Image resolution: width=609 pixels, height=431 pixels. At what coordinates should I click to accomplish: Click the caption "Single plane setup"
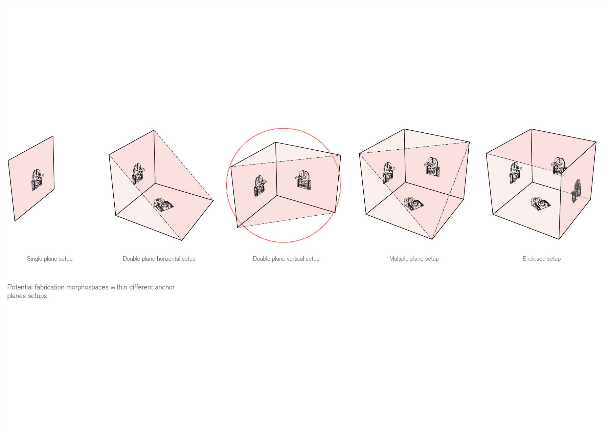point(50,259)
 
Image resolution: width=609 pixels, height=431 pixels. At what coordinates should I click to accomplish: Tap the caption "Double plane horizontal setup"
point(159,259)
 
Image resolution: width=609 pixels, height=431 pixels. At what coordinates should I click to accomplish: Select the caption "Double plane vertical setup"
point(286,259)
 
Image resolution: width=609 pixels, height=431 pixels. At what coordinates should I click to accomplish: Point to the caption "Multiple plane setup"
point(414,259)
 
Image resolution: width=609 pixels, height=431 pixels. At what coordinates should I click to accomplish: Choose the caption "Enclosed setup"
point(541,259)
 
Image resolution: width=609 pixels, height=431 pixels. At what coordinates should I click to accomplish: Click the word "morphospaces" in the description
point(87,287)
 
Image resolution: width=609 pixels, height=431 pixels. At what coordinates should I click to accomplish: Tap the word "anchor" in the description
point(164,287)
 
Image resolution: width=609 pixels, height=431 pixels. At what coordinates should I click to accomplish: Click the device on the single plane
point(38,180)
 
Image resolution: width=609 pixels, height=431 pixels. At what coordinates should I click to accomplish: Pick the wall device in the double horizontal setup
point(138,174)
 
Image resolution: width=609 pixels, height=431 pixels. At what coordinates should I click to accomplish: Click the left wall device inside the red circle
point(260,186)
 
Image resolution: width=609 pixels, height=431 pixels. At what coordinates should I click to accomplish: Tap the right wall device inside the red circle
point(304,180)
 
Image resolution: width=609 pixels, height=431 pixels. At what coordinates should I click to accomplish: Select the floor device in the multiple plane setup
point(413,203)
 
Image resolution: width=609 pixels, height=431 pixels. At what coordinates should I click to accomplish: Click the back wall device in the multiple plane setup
point(432,167)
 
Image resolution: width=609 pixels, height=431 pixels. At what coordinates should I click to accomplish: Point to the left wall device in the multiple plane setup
point(388,173)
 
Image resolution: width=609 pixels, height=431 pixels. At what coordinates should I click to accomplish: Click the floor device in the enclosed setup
point(540,203)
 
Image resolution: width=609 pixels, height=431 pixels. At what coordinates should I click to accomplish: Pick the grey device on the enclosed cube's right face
point(576,191)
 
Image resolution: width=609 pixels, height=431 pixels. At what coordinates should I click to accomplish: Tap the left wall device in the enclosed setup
point(515,173)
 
